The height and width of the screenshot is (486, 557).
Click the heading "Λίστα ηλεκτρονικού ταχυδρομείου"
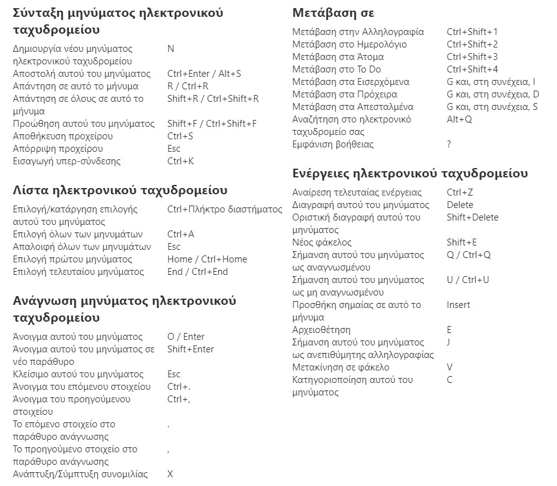(120, 190)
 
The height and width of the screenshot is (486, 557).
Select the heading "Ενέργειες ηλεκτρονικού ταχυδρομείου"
(410, 173)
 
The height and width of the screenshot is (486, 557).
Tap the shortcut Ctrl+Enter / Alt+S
(204, 74)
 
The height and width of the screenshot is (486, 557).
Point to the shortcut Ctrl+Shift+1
(472, 32)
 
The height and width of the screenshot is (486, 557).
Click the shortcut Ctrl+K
(180, 161)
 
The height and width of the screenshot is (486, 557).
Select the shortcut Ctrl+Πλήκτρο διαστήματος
(225, 209)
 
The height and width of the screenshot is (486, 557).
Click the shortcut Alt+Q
(460, 119)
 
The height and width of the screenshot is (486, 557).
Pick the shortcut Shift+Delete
(473, 217)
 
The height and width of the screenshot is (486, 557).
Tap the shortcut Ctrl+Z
(460, 192)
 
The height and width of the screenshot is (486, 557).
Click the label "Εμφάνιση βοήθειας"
(333, 144)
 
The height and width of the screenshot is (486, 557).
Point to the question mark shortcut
(448, 144)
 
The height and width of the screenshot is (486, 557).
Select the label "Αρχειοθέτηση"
(321, 330)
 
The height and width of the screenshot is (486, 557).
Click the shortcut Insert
(458, 305)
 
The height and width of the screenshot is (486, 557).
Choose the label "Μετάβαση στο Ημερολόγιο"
(350, 44)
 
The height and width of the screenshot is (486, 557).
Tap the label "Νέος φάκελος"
(322, 242)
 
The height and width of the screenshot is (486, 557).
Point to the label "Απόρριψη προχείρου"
(58, 149)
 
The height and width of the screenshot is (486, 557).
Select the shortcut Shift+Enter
(190, 349)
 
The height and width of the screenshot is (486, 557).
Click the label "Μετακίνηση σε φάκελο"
(341, 367)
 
